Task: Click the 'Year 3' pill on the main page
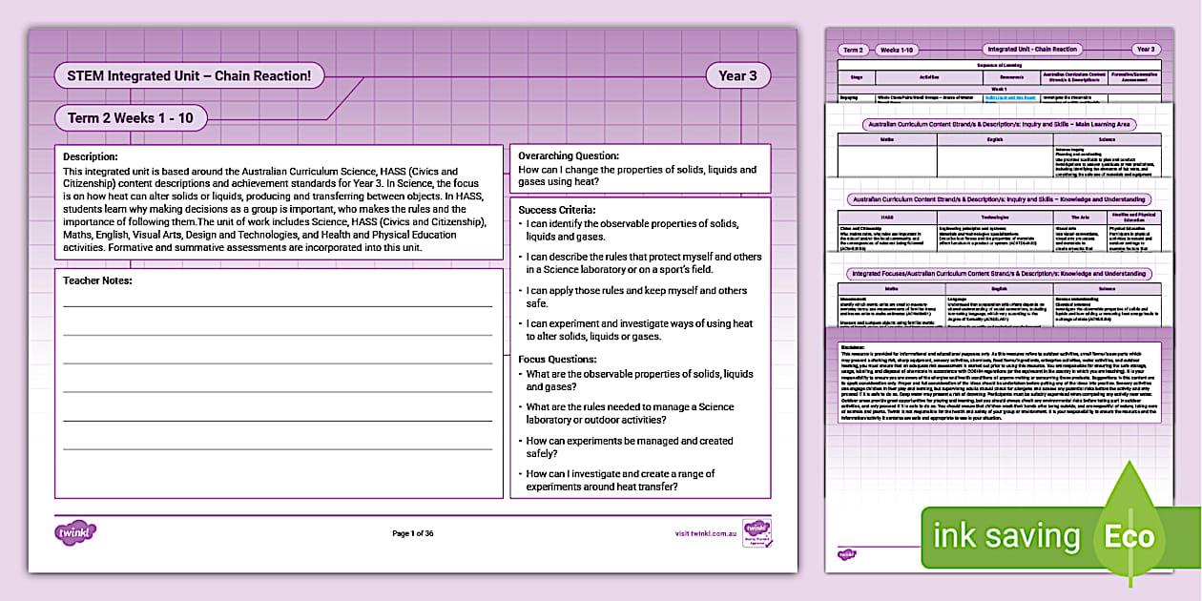coord(738,76)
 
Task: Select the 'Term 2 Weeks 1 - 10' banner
coord(131,118)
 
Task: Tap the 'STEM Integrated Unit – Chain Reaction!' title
coord(190,75)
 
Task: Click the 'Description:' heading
coord(91,156)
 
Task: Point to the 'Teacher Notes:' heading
coord(97,280)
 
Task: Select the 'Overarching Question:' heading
coord(569,155)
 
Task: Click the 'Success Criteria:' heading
coord(557,209)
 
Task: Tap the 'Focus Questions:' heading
coord(557,359)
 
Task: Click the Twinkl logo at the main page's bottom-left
coord(76,532)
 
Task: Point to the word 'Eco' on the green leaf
coord(1129,536)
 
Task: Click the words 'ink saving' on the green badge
coord(1005,536)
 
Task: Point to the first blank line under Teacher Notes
coord(278,306)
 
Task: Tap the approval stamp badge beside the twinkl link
coord(756,531)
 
